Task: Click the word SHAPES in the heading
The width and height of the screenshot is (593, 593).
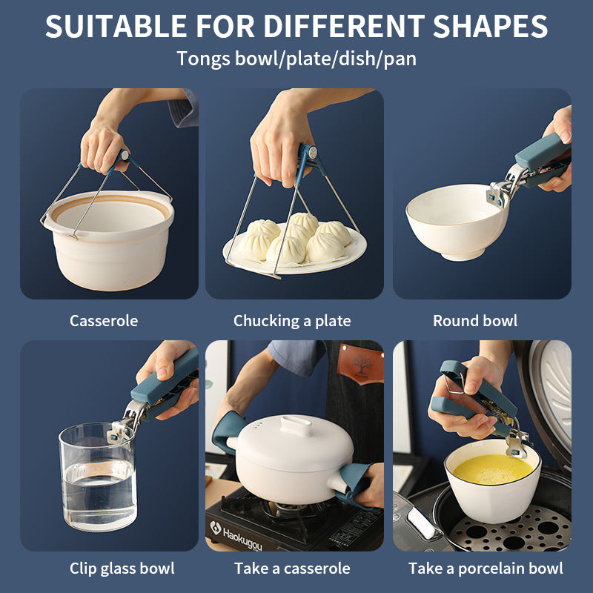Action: point(490,26)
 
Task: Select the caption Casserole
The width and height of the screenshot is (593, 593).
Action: point(104,321)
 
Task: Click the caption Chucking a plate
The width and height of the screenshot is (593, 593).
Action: point(292,321)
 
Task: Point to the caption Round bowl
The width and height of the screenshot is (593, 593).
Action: point(475,321)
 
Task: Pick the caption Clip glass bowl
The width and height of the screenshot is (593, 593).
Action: point(122,569)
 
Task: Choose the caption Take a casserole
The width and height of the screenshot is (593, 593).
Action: point(292,569)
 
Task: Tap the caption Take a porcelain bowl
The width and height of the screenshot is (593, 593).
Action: point(486,569)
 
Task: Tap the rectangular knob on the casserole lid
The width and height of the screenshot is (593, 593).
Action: point(296,425)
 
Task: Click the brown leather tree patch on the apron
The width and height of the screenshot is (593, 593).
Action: point(360,363)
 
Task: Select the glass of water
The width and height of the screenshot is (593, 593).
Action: point(98,476)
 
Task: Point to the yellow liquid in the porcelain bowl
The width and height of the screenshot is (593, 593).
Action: point(493,469)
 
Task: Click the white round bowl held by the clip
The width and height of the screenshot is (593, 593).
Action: point(457,222)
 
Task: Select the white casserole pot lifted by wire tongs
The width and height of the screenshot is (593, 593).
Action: point(110,239)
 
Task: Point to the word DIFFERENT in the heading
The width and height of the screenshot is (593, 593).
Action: point(344,26)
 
